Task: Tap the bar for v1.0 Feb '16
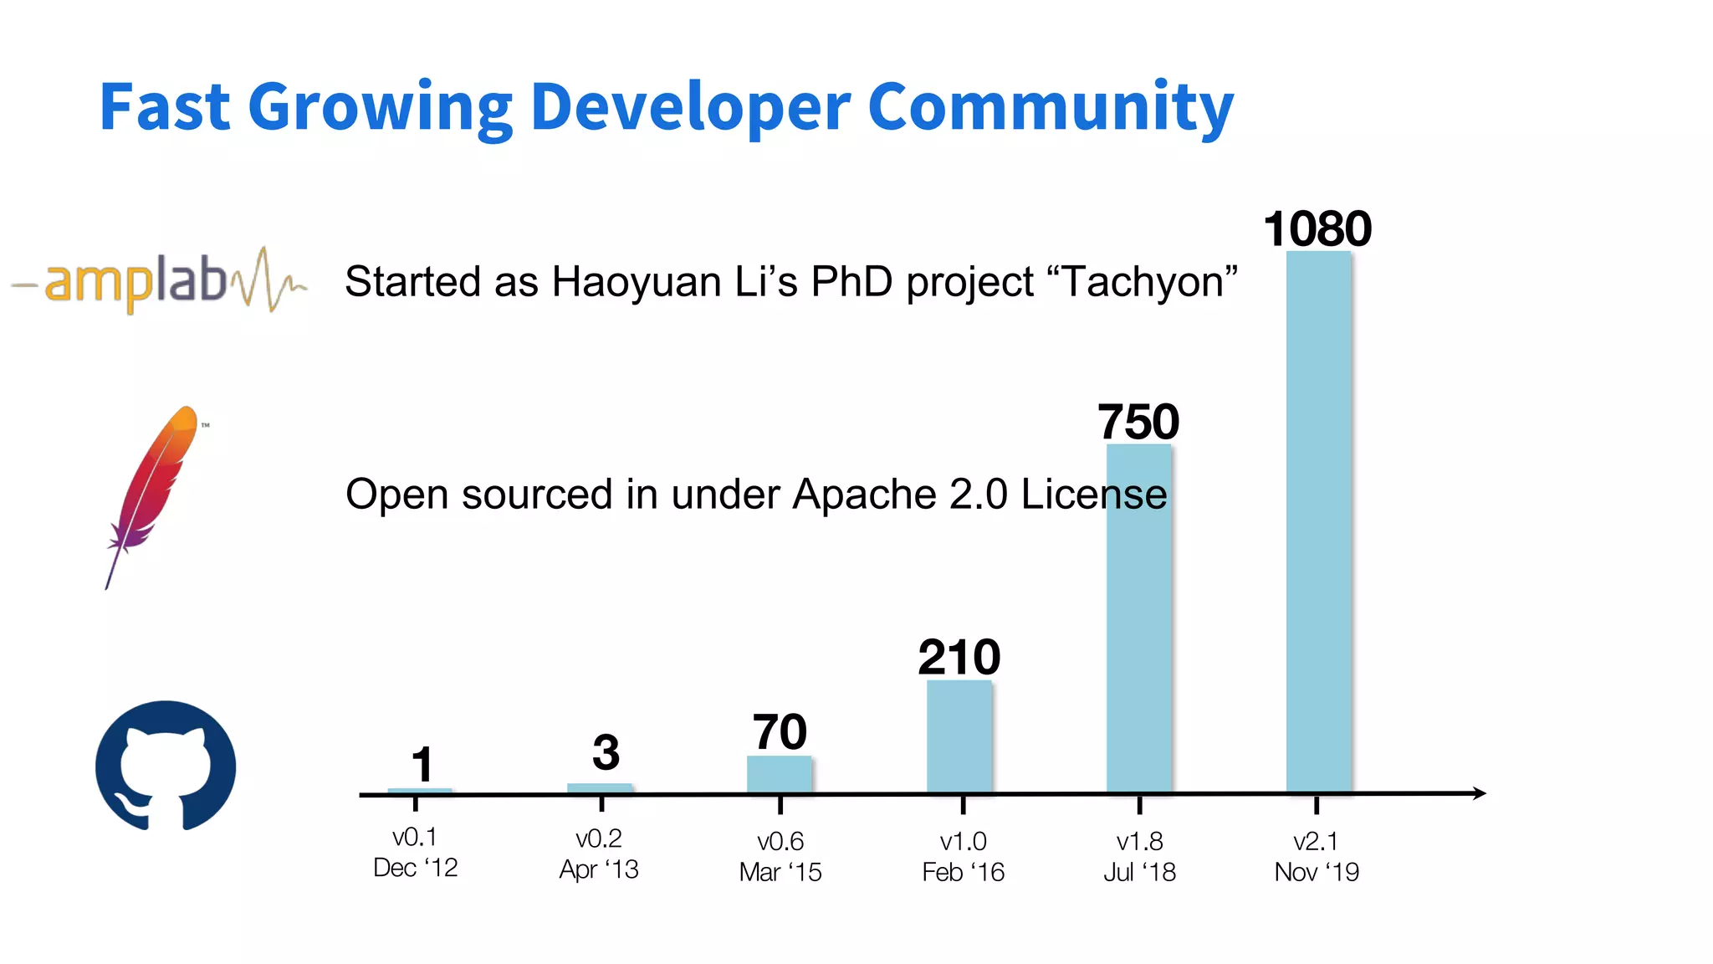tap(959, 736)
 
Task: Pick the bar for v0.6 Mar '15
tap(779, 773)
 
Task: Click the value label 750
tap(1138, 421)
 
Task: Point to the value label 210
tap(959, 657)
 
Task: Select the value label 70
tap(780, 732)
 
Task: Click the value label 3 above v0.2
tap(606, 752)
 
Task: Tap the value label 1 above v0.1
tap(422, 764)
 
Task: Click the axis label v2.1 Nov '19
tap(1317, 856)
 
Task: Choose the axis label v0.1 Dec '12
tap(416, 852)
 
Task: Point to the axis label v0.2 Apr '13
tap(599, 854)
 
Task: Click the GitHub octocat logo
tap(166, 766)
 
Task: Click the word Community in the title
tap(1050, 107)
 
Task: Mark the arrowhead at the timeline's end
tap(1479, 792)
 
